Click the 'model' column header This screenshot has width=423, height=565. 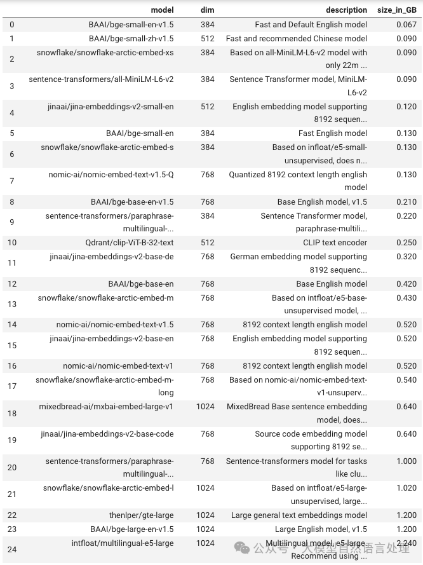pos(162,10)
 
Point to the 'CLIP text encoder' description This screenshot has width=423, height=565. pos(335,243)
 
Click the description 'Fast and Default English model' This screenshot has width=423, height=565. pos(311,25)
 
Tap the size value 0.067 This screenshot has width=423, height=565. pos(406,25)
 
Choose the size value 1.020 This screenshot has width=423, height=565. pos(406,488)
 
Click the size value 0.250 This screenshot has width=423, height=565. pos(406,243)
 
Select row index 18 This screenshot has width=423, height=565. pos(12,414)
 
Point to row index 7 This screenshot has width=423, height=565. pos(12,181)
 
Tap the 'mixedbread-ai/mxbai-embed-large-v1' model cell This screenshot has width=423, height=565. pos(106,407)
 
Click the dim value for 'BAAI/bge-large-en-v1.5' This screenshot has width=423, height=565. pos(205,529)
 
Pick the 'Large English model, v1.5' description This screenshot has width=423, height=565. pos(321,529)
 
